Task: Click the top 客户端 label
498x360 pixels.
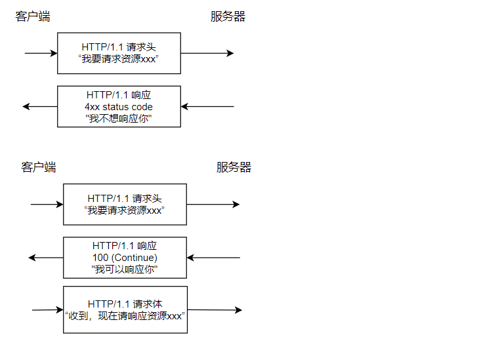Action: pyautogui.click(x=33, y=17)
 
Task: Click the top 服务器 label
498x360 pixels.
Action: pyautogui.click(x=228, y=17)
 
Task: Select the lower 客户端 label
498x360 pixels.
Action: pyautogui.click(x=39, y=167)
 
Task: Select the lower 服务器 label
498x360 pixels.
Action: pyautogui.click(x=234, y=167)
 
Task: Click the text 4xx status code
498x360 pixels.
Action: pyautogui.click(x=119, y=107)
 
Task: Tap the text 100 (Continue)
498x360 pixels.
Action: pyautogui.click(x=125, y=258)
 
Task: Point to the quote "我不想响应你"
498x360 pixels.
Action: pyautogui.click(x=119, y=119)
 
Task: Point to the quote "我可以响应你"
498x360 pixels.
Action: pyautogui.click(x=125, y=270)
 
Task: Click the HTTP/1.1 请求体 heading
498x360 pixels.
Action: pyautogui.click(x=125, y=304)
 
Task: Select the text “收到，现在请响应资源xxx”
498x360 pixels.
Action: pyautogui.click(x=125, y=315)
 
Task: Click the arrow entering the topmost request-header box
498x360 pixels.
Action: pyautogui.click(x=41, y=53)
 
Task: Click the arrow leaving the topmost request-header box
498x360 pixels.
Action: pyautogui.click(x=207, y=53)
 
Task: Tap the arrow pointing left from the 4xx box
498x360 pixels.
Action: pyautogui.click(x=40, y=106)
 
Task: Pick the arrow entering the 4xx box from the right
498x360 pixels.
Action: pyautogui.click(x=207, y=106)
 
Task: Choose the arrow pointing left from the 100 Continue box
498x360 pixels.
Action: pyautogui.click(x=46, y=258)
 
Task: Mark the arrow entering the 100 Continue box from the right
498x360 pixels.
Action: pyautogui.click(x=213, y=258)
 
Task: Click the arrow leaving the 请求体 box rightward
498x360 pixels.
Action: pyautogui.click(x=214, y=310)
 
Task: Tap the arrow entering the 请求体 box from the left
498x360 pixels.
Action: pyautogui.click(x=47, y=310)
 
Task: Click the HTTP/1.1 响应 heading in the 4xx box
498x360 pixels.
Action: pyautogui.click(x=119, y=94)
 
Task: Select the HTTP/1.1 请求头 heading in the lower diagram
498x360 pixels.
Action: pyautogui.click(x=125, y=198)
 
